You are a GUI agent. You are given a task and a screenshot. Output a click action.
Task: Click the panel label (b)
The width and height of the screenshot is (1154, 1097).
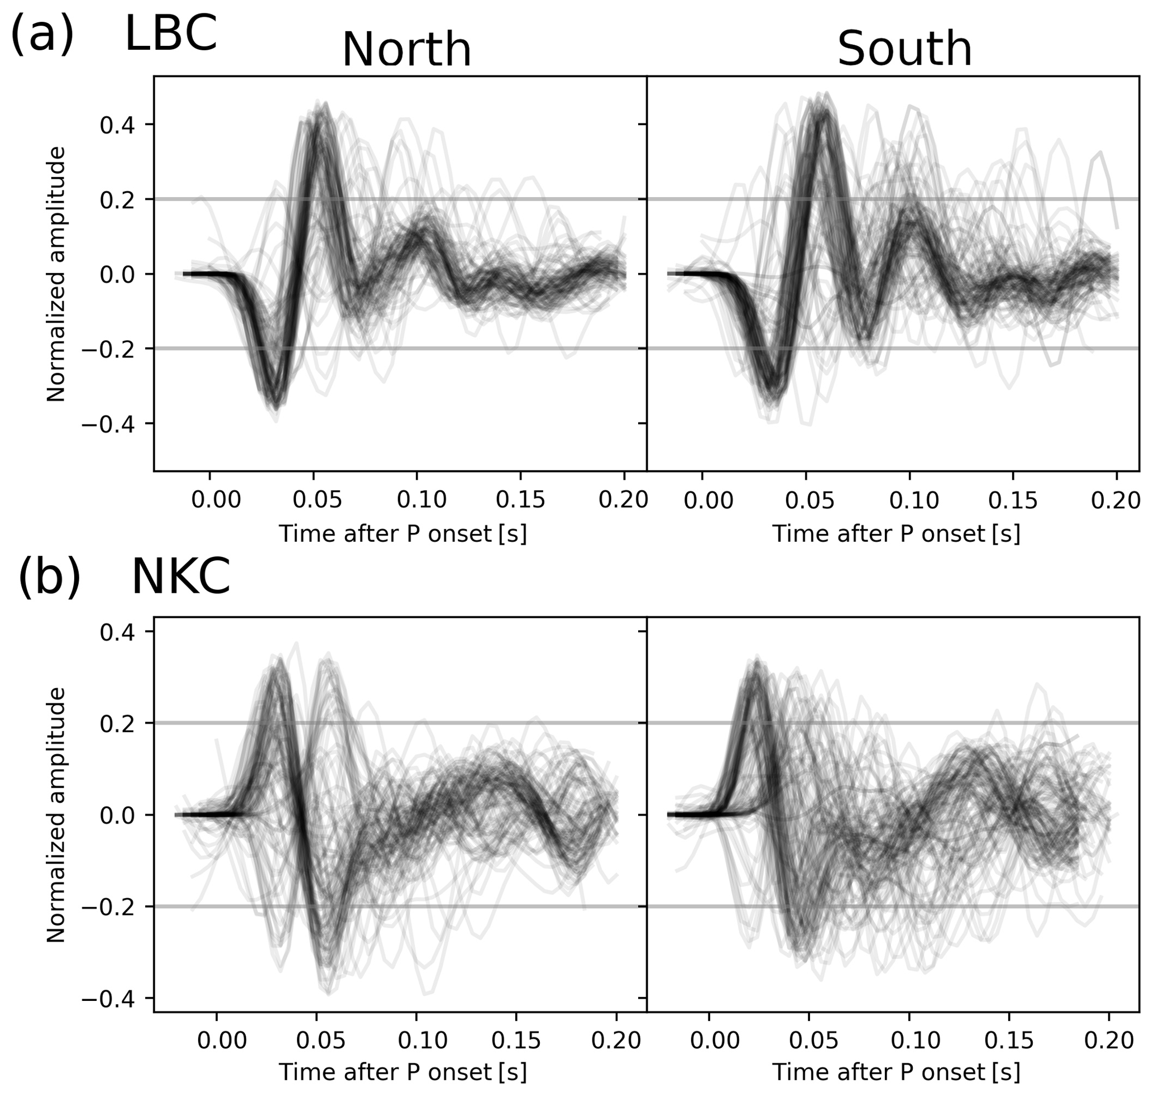49,576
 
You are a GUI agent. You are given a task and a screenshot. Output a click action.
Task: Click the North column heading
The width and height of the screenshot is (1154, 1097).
406,50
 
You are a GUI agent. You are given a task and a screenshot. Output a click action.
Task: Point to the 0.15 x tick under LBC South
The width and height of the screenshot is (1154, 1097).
1013,500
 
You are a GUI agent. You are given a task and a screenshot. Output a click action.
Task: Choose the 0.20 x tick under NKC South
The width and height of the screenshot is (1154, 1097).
1109,1041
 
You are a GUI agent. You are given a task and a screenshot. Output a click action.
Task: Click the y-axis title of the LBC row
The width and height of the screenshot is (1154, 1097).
56,274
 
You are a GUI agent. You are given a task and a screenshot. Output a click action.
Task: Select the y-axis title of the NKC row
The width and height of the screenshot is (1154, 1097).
56,814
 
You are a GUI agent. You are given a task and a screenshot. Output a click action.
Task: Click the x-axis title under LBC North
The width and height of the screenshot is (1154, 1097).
403,534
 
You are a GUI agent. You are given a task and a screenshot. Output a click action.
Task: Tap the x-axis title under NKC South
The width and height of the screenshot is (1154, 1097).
896,1072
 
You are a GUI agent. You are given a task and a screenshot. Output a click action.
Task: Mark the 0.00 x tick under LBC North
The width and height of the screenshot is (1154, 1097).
216,500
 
